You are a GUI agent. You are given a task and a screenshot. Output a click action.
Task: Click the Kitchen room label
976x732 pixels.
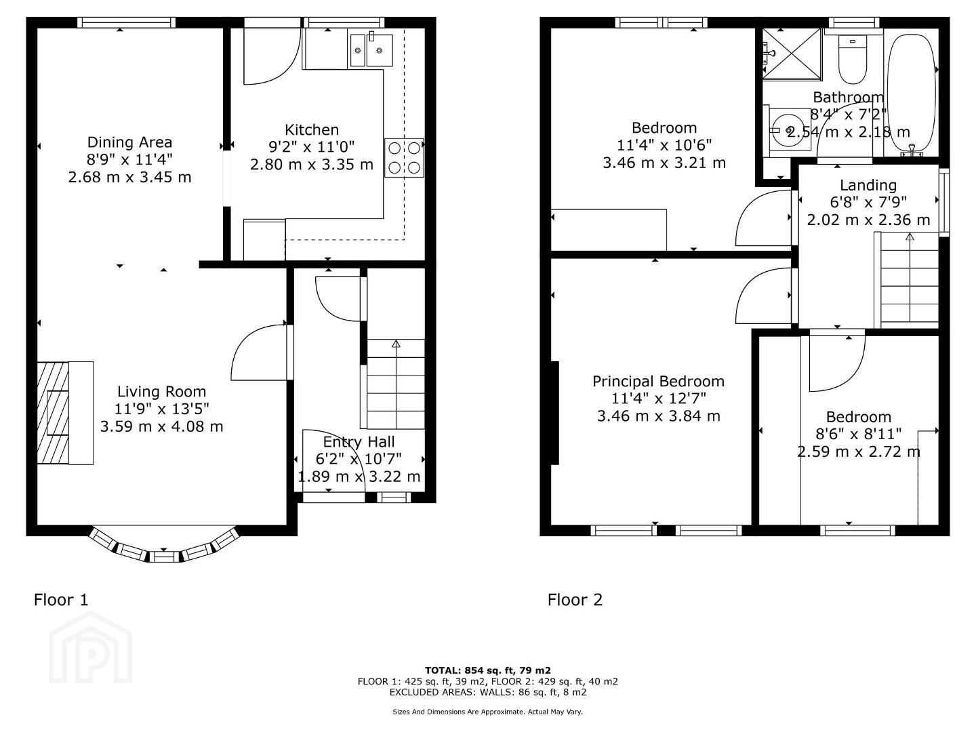(311, 129)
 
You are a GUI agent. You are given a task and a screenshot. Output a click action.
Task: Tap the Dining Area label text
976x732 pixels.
(129, 142)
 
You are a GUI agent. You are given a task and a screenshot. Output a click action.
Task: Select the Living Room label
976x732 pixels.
(161, 392)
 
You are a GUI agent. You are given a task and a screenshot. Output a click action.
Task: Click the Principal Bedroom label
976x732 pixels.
(658, 382)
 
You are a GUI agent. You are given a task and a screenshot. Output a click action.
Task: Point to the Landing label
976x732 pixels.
(868, 185)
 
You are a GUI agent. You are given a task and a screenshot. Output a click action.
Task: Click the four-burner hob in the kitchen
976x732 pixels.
(404, 158)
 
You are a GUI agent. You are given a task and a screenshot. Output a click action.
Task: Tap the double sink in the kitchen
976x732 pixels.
(371, 50)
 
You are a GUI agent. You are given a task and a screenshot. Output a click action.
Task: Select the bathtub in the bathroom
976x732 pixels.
(912, 95)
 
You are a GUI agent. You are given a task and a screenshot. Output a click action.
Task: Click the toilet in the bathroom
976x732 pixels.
(853, 60)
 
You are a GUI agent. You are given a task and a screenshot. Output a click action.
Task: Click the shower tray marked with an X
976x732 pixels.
(793, 54)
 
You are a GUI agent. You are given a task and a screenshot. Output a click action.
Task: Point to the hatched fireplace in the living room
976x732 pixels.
(53, 413)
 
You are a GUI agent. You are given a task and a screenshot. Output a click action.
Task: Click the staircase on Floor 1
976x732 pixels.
(395, 384)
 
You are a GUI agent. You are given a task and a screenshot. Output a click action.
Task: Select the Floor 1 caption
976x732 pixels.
(62, 600)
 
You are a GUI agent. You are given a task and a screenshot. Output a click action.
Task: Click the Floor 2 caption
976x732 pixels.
(575, 600)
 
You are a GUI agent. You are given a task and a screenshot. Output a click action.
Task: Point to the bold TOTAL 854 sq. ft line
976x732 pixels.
(488, 670)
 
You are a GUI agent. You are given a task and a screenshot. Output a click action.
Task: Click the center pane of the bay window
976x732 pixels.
(165, 557)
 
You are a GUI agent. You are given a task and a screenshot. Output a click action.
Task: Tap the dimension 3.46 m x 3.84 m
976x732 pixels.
(658, 416)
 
